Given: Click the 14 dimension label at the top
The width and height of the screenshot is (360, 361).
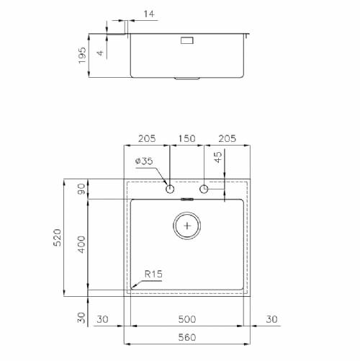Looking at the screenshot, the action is point(149,14).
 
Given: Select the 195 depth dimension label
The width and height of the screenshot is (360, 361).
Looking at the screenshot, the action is point(82,55).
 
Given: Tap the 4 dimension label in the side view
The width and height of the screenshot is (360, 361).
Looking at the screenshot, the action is point(100,53).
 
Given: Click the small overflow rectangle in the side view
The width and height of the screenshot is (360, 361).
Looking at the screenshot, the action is point(187,40).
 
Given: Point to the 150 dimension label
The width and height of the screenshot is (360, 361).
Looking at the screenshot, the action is point(186,138).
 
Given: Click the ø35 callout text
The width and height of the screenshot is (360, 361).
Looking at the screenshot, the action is point(144,161).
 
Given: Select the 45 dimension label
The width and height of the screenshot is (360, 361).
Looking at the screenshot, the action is point(218,157).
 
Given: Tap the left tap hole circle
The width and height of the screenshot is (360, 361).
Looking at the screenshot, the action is point(170,189).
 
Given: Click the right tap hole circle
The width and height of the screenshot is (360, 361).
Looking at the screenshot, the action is point(204,189).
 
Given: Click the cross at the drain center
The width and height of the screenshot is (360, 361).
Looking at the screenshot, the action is point(187,226).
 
